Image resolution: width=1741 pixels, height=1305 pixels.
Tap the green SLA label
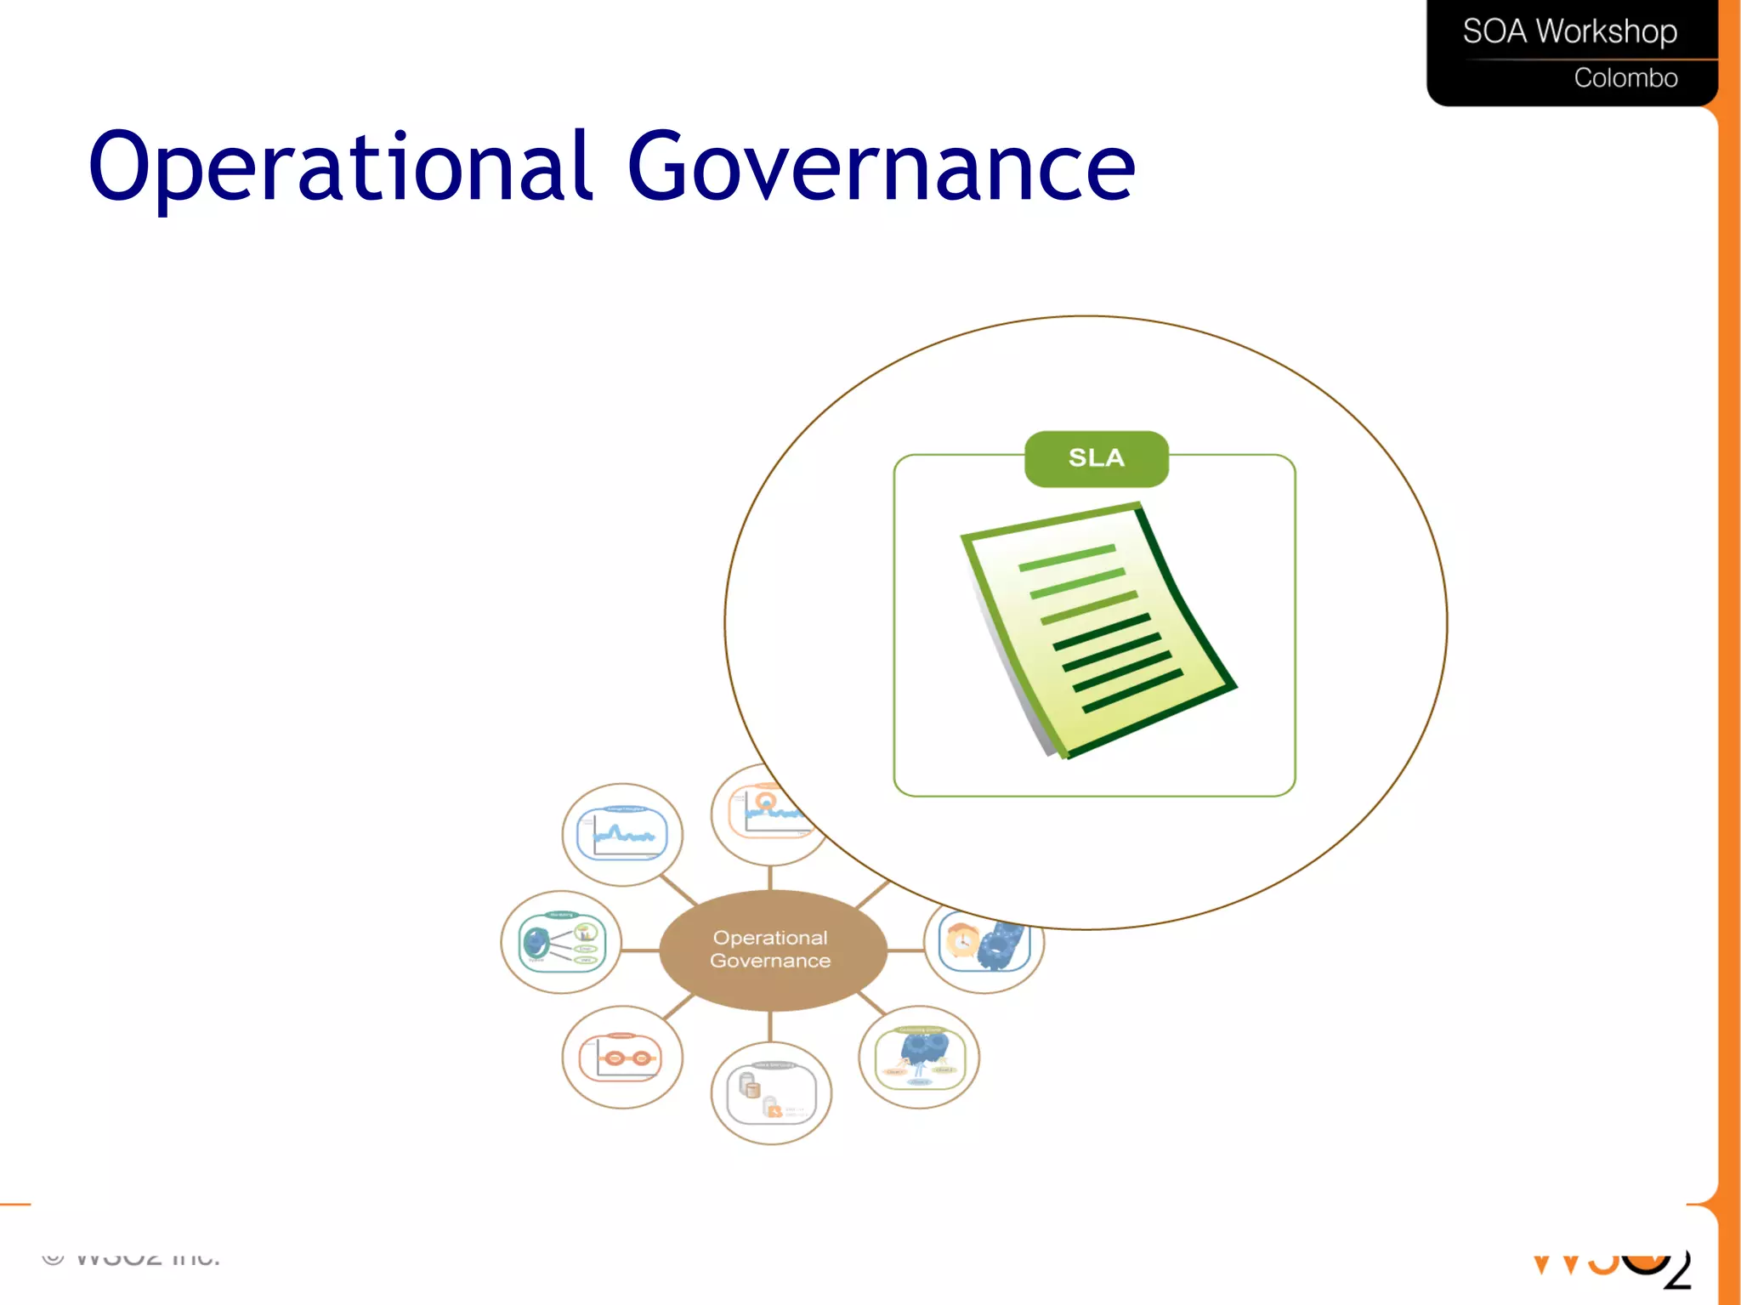click(1096, 458)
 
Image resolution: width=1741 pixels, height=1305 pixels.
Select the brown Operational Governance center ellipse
click(771, 950)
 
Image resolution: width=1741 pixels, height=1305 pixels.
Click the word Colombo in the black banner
click(1625, 78)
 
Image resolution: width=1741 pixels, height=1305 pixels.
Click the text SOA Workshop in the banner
click(1569, 31)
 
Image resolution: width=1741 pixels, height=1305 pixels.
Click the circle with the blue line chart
click(622, 834)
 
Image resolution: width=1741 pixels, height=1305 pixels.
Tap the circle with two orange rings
click(622, 1057)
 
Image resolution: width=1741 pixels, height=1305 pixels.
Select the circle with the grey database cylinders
click(770, 1092)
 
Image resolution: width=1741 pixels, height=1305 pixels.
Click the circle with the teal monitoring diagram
click(561, 942)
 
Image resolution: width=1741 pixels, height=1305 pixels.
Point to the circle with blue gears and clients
click(919, 1057)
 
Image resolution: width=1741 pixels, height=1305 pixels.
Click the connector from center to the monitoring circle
click(640, 950)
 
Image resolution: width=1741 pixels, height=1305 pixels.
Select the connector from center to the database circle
click(770, 1026)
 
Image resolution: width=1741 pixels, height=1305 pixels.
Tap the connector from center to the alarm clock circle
click(905, 950)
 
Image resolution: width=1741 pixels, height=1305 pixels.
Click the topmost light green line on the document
click(1066, 558)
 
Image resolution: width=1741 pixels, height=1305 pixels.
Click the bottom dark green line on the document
click(1132, 690)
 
